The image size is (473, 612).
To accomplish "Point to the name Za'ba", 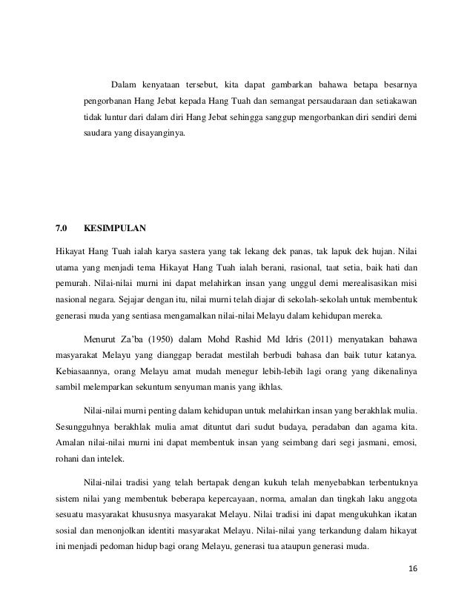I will pyautogui.click(x=130, y=339).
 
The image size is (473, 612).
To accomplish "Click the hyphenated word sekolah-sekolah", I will pyautogui.click(x=295, y=302).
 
